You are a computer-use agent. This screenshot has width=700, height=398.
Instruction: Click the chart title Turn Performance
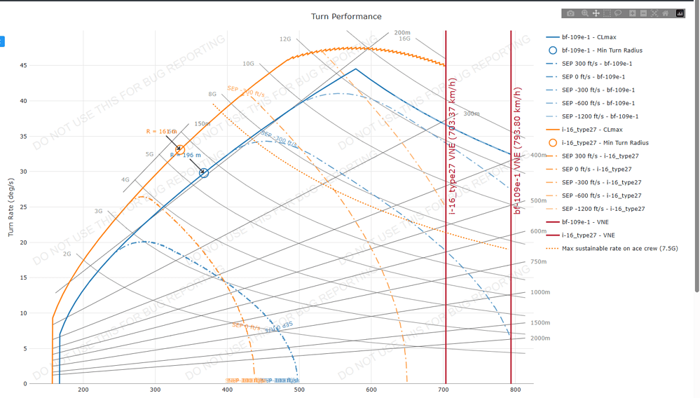coord(346,16)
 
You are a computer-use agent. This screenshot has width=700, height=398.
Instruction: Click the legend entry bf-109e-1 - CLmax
coord(589,37)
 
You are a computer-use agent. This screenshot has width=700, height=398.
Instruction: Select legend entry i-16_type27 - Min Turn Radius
coord(605,143)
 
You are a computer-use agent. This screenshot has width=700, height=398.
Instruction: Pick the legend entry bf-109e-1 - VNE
coord(584,222)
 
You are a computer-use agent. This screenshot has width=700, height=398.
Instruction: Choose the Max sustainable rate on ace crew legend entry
coord(619,249)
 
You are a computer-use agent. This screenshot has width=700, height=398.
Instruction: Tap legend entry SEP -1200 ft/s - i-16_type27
coord(603,209)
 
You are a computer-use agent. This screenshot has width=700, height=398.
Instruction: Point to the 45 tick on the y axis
coord(24,66)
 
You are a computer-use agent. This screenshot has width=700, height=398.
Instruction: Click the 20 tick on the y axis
coord(24,243)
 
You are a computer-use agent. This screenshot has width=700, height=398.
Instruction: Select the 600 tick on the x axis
coord(371,390)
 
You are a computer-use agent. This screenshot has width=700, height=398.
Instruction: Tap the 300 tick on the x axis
coord(156,390)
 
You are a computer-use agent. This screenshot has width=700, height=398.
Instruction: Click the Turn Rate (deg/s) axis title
coord(11,207)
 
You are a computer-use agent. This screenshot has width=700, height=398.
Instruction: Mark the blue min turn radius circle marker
coord(204,172)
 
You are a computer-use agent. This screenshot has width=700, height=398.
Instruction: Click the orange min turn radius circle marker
coord(180,149)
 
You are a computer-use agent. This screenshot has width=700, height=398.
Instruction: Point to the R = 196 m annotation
coord(185,156)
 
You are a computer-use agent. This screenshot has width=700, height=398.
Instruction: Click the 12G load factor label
coord(285,40)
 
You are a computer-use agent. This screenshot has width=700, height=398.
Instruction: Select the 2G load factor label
coord(67,254)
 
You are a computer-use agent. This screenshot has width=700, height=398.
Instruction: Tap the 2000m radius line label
coord(540,338)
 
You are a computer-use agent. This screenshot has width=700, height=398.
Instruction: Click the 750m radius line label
coord(539,262)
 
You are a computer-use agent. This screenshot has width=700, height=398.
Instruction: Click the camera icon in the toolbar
coord(570,13)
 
